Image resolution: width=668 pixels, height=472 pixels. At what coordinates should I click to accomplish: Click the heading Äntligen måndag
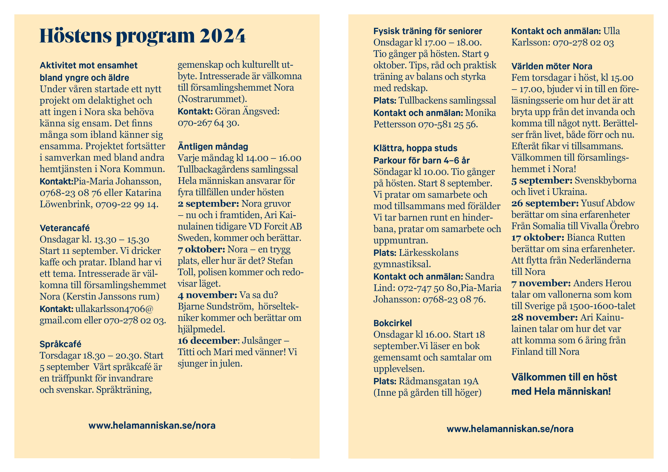click(213, 146)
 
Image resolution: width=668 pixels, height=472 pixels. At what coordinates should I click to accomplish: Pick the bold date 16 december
click(207, 340)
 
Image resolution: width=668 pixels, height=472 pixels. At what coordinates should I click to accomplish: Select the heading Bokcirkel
click(392, 323)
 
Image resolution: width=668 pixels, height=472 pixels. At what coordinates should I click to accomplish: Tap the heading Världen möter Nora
click(552, 66)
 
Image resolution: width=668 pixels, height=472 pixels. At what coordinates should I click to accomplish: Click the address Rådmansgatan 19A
click(439, 381)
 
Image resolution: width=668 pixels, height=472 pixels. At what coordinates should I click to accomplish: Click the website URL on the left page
click(152, 426)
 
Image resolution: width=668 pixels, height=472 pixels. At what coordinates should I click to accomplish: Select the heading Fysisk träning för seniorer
click(427, 31)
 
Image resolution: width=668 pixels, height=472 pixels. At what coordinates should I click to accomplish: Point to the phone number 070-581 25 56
click(447, 124)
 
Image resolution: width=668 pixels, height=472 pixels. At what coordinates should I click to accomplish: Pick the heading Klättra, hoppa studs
click(415, 148)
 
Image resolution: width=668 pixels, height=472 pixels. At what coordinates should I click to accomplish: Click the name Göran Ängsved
click(247, 111)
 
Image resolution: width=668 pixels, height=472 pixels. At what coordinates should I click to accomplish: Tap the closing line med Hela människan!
click(561, 391)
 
